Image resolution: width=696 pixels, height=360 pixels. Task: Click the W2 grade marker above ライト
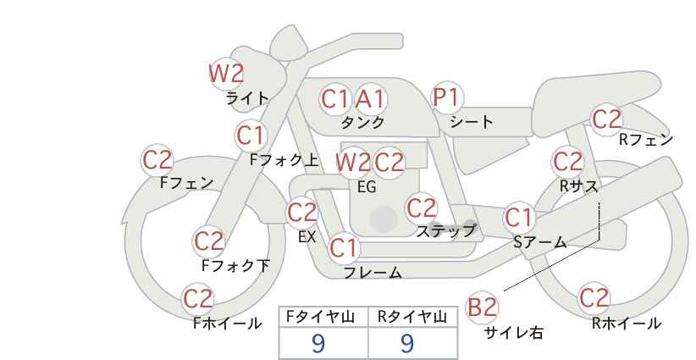(x=227, y=73)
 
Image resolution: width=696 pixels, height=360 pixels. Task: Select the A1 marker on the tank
(x=371, y=99)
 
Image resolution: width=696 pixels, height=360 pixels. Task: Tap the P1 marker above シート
(x=447, y=97)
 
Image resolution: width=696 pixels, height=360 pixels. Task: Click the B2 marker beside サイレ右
(x=482, y=307)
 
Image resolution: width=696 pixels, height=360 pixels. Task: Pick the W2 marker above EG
(x=353, y=163)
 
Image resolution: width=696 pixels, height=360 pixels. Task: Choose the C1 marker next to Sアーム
(x=519, y=218)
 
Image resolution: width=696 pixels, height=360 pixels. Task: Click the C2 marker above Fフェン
(x=157, y=160)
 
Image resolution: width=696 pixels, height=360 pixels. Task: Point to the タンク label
(x=362, y=123)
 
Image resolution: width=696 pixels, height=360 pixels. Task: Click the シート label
(x=471, y=122)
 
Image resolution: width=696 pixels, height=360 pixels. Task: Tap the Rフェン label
(x=646, y=140)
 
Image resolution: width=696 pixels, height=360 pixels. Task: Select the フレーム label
(x=373, y=272)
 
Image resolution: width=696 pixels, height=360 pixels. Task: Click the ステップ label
(x=445, y=230)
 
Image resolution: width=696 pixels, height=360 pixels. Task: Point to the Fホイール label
(x=227, y=324)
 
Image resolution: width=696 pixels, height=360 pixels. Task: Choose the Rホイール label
(x=627, y=324)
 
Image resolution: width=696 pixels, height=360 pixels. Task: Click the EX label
(x=307, y=237)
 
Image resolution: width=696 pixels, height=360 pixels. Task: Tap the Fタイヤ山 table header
(x=320, y=317)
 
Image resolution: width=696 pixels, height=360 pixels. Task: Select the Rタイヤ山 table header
(x=412, y=317)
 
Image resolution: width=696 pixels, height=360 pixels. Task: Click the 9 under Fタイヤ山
(x=318, y=343)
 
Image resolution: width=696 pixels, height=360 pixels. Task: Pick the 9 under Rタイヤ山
(x=407, y=343)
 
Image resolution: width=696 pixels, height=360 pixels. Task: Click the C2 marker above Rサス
(x=567, y=161)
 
